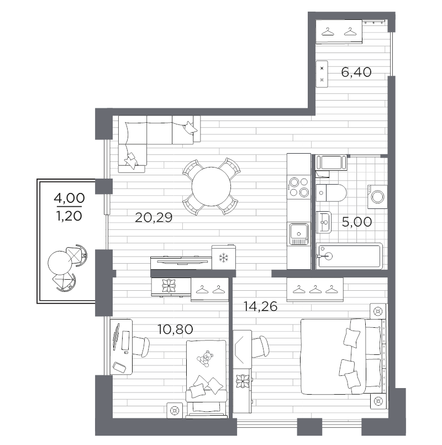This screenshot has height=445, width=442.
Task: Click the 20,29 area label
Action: [x=154, y=218]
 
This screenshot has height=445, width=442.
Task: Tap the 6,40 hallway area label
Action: [x=356, y=71]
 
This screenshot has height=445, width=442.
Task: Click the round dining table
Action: [x=211, y=186]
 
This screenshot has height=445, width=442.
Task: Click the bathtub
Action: [x=349, y=256]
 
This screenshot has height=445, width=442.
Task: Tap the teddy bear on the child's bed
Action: [x=206, y=358]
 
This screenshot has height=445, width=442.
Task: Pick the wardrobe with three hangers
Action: [x=314, y=289]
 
